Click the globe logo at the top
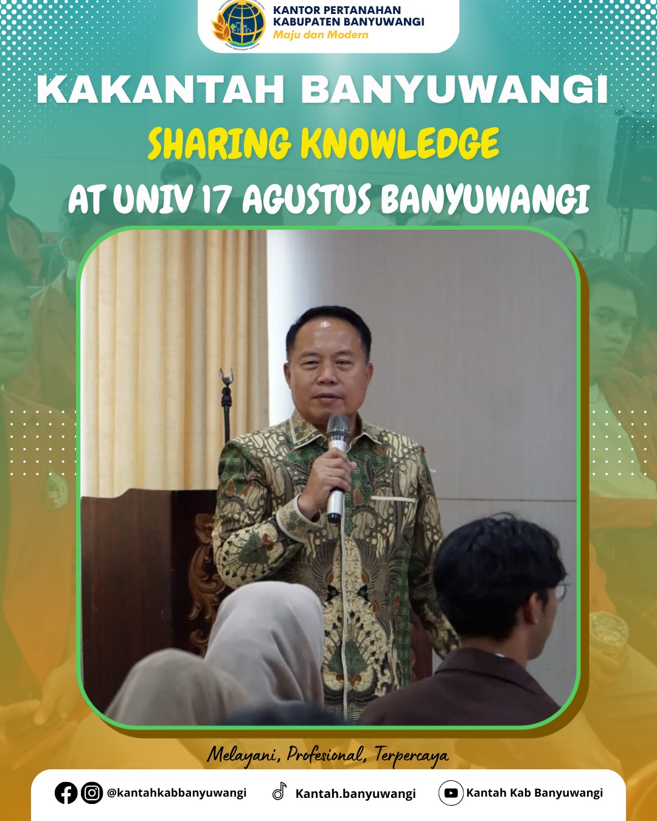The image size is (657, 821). pos(238,24)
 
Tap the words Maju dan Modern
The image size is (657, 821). pos(321,35)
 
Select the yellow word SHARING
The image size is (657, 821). pos(220,144)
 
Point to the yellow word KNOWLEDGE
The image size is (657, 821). pos(400,144)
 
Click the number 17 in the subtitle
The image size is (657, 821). pos(217,199)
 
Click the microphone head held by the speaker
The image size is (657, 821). pos(338,428)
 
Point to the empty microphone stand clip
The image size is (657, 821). pos(226,376)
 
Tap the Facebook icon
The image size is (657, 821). pos(66,793)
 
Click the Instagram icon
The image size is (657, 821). pos(92,793)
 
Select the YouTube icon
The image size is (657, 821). pos(451,793)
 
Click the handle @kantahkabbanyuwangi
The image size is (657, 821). pos(177,793)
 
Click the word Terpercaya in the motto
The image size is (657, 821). pos(411,754)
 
